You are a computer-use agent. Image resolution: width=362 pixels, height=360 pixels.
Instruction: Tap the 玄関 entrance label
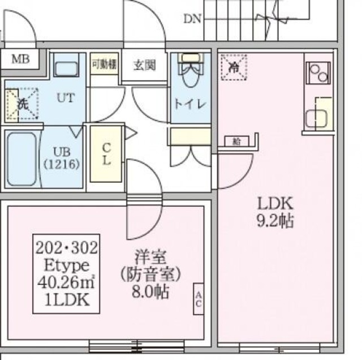(x=144, y=65)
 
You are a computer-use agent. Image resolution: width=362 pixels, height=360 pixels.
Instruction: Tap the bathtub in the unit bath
(x=20, y=158)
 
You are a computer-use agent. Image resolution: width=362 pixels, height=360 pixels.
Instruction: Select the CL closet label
(x=106, y=153)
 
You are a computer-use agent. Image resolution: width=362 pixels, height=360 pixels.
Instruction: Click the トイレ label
(x=189, y=104)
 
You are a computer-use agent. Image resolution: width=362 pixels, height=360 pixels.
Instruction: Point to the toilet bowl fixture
(x=188, y=72)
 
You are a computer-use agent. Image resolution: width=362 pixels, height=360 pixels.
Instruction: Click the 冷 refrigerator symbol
(x=233, y=67)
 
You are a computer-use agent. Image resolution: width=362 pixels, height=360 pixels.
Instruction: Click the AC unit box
(x=199, y=298)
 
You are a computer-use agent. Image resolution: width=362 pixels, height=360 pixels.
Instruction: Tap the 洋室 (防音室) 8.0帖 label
(x=150, y=275)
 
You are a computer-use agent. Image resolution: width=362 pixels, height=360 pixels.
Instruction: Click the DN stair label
(x=192, y=19)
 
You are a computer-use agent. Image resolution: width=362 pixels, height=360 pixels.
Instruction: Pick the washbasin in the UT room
(x=68, y=67)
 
